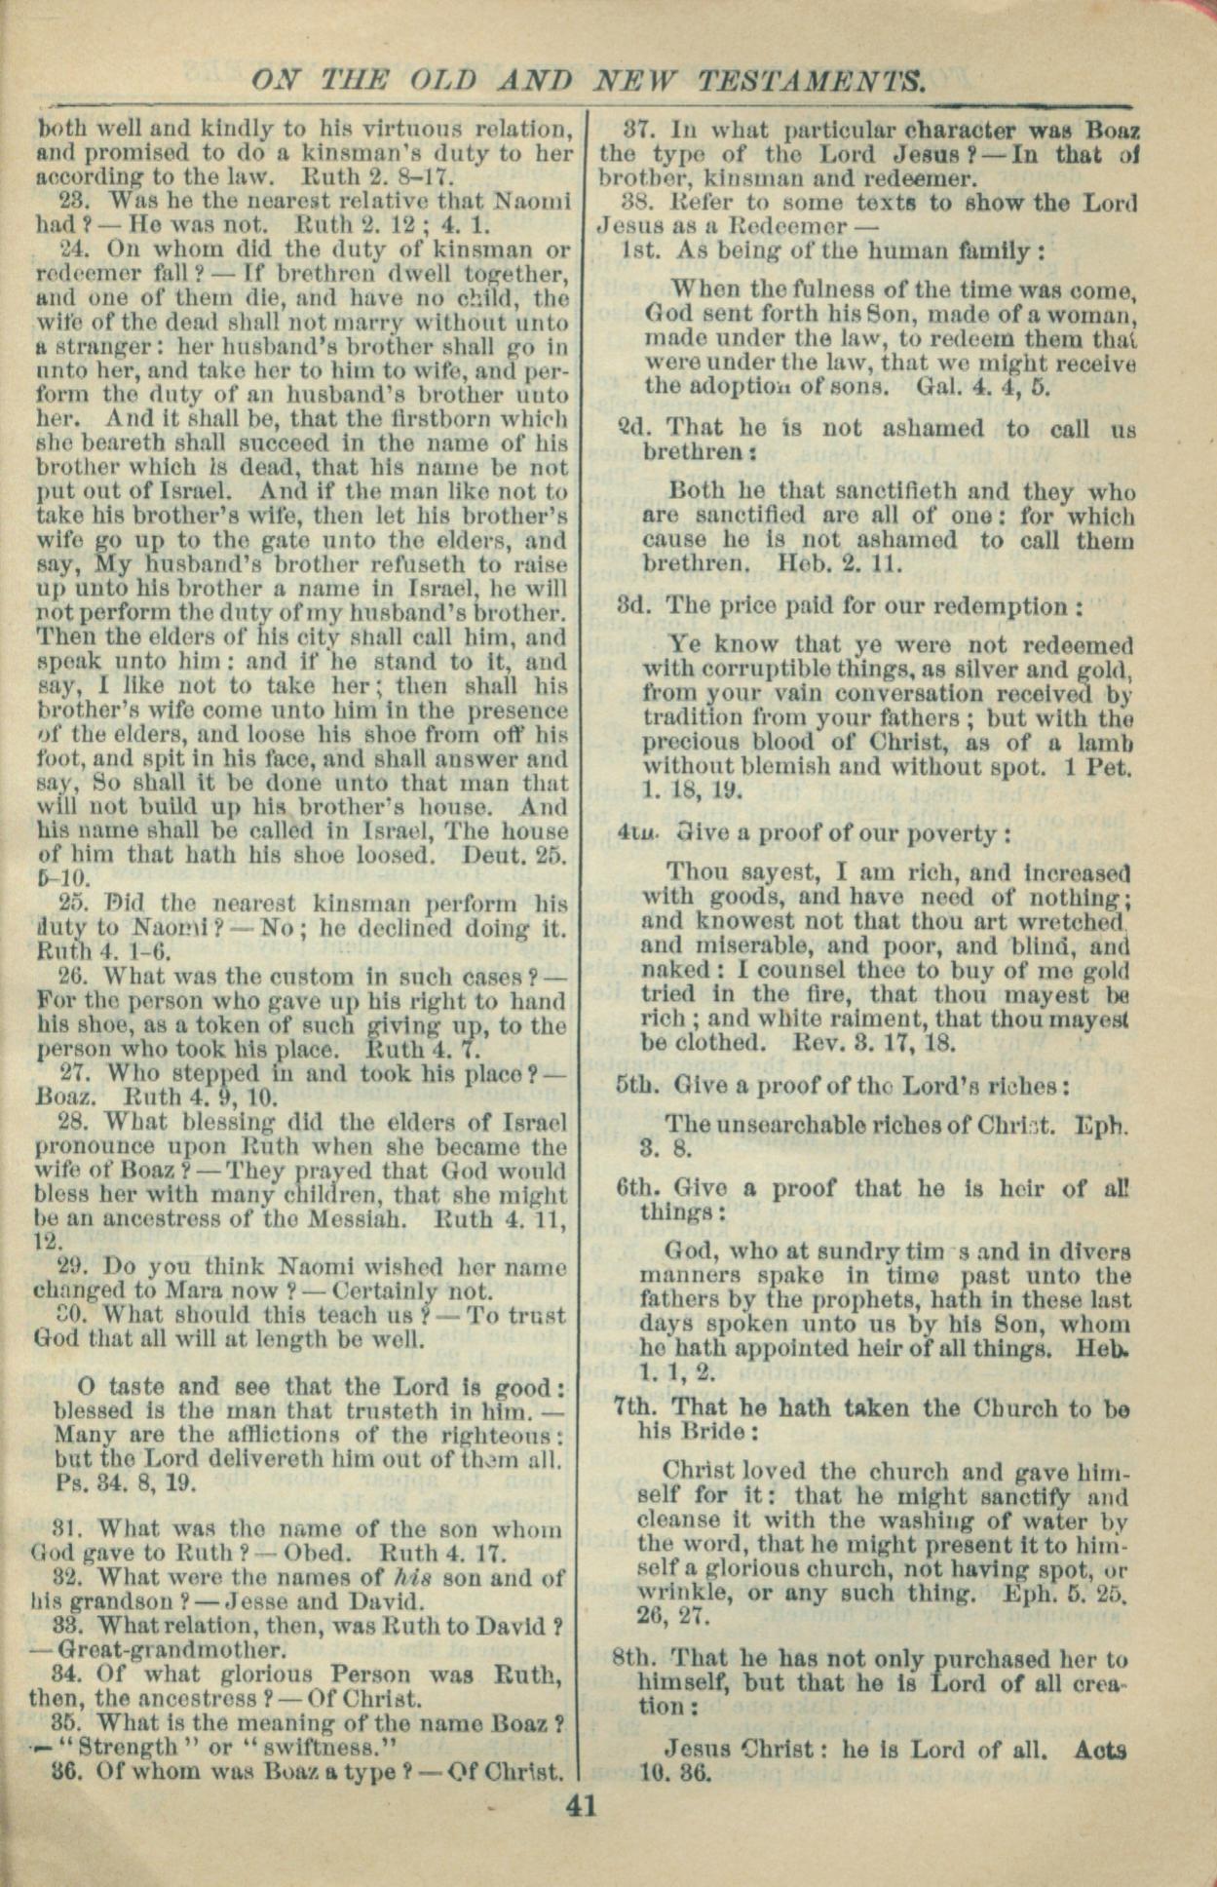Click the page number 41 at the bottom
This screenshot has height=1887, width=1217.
coord(581,1806)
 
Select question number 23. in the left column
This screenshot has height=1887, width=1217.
coord(75,202)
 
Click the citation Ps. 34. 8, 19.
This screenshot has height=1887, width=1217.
coord(126,1484)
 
